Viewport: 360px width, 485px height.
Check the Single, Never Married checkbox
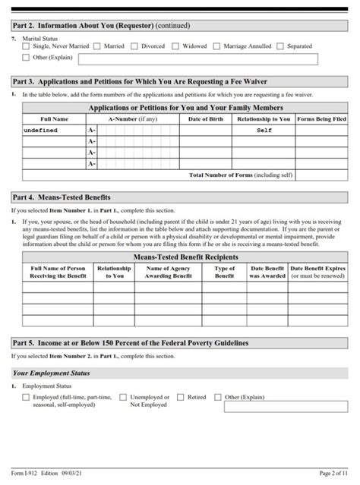(27, 46)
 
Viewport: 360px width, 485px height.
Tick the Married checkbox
(98, 46)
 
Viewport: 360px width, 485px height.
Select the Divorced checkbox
(134, 46)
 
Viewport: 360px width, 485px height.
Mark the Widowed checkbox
(175, 46)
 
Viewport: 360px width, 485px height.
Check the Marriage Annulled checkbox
(217, 46)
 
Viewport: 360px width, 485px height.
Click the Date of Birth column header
(205, 119)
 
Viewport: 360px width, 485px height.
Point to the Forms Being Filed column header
(321, 119)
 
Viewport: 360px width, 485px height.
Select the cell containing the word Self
(264, 131)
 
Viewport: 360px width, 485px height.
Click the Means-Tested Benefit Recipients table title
(185, 257)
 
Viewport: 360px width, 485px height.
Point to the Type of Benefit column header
(224, 272)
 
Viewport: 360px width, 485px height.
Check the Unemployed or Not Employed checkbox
(124, 397)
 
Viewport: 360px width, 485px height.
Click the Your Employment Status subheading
(52, 373)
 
